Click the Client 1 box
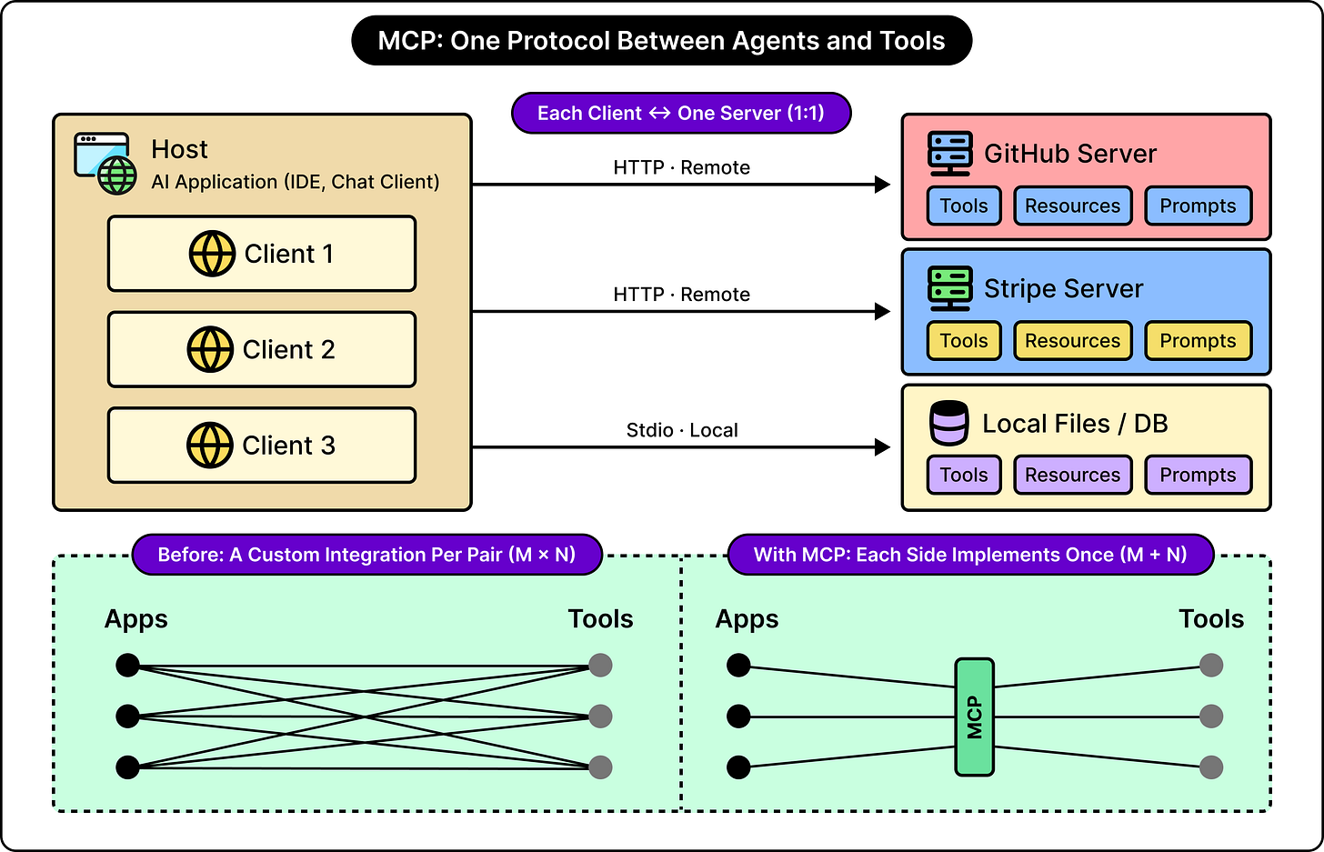(x=262, y=254)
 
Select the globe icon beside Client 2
(x=210, y=349)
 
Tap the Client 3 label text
(x=288, y=446)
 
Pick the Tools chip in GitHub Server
(x=964, y=205)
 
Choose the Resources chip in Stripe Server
(x=1073, y=340)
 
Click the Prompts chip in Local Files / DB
(x=1199, y=475)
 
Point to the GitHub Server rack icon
(x=950, y=154)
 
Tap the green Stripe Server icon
(x=950, y=289)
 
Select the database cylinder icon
(x=948, y=423)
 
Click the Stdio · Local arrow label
(x=682, y=430)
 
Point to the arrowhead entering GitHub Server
(x=882, y=185)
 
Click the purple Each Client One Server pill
(x=681, y=113)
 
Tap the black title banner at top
(x=661, y=41)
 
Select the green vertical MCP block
(x=974, y=717)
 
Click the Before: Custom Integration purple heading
(x=367, y=555)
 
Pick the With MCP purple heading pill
(x=970, y=555)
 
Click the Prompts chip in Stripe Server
(x=1199, y=340)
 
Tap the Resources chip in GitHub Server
(x=1073, y=205)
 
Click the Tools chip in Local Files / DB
(x=964, y=475)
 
